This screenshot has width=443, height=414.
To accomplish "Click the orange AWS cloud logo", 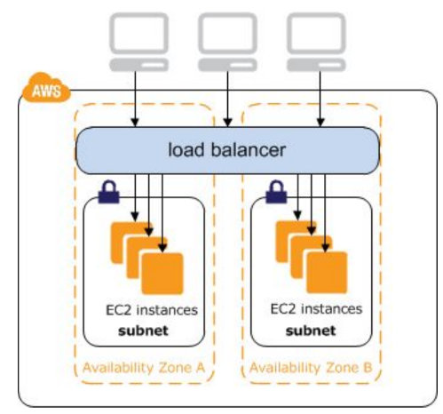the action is click(46, 88).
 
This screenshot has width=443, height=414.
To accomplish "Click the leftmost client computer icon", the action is click(138, 42).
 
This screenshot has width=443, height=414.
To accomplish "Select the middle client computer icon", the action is click(227, 42).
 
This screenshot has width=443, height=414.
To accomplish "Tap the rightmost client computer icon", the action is click(316, 42).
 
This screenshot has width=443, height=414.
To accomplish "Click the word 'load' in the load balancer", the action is click(186, 149).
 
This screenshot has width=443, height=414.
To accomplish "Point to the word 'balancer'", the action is click(249, 149).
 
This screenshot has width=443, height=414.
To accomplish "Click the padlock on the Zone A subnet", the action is click(108, 192).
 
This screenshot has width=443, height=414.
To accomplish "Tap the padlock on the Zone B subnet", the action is click(276, 192).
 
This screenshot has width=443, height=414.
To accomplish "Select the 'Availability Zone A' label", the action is click(144, 368).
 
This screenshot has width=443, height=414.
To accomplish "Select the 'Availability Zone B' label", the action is click(311, 368).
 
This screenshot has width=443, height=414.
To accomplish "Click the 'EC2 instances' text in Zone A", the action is click(152, 310).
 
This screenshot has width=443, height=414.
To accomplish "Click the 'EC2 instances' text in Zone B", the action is click(316, 309).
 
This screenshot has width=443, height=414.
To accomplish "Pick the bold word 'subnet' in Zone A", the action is click(143, 330).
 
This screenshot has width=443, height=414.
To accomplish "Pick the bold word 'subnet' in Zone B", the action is click(311, 330).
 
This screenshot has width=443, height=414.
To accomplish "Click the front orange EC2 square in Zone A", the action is click(162, 274).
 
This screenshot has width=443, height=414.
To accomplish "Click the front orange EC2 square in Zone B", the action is click(327, 272).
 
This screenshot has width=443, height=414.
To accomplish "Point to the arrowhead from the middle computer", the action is click(227, 123).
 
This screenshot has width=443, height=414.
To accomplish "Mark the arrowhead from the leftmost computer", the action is click(135, 123).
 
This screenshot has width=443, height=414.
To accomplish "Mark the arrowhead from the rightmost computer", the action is click(320, 123).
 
